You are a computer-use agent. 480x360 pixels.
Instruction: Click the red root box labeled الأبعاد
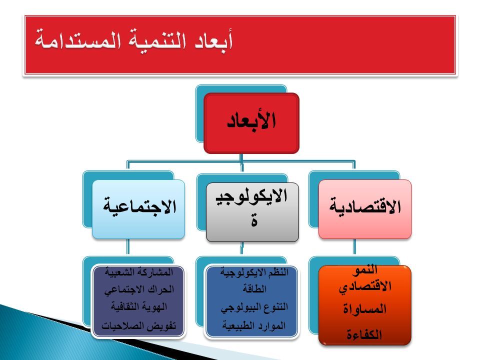point(251,123)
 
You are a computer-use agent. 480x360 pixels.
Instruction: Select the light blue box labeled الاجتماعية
point(138,209)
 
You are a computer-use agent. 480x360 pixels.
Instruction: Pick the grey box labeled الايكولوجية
point(252,212)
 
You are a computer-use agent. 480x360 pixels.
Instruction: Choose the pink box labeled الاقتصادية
point(365,209)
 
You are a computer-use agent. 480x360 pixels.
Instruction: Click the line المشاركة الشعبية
point(139,271)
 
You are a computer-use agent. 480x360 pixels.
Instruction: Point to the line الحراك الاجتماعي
point(139,289)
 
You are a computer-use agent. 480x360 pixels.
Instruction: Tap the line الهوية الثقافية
point(139,306)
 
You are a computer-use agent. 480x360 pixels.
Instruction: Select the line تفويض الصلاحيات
point(139,325)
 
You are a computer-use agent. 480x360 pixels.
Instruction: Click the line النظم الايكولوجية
point(254,272)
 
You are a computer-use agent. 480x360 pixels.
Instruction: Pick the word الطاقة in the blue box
point(254,288)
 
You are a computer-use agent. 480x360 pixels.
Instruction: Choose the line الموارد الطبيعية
point(254,325)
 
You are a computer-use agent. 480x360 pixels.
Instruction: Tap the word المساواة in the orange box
point(364,309)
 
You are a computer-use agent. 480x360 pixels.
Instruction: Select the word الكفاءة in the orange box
point(364,334)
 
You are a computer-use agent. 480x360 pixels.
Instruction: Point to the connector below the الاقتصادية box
point(354,246)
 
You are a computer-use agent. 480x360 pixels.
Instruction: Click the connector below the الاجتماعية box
point(128,246)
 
